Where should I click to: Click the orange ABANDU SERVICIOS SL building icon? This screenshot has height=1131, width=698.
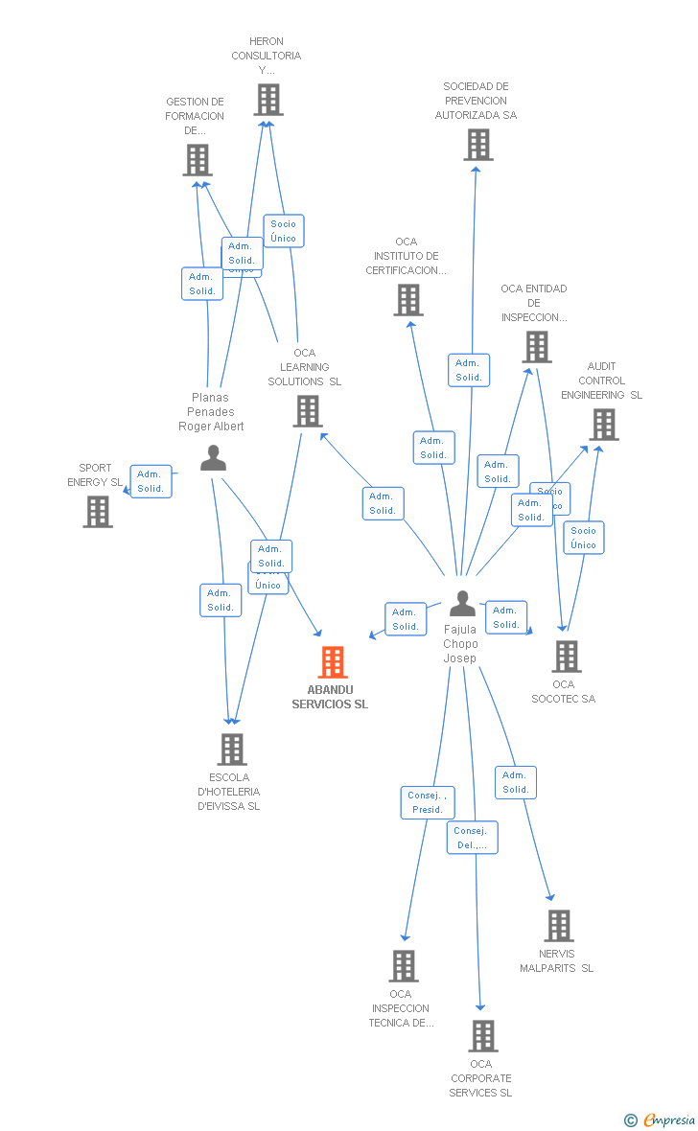(x=333, y=661)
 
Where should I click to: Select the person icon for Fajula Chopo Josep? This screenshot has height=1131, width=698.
(x=462, y=604)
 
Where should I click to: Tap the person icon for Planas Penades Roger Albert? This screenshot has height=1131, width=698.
(x=213, y=458)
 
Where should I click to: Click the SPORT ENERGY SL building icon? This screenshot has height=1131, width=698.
(x=98, y=511)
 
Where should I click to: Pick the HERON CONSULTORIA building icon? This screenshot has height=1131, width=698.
(x=268, y=99)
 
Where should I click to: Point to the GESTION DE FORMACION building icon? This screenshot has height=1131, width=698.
(x=198, y=160)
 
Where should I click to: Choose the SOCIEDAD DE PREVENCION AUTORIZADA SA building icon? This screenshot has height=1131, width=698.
(x=477, y=144)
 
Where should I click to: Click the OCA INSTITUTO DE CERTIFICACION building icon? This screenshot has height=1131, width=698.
(x=408, y=300)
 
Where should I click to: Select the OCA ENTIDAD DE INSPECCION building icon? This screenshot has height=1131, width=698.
(x=537, y=347)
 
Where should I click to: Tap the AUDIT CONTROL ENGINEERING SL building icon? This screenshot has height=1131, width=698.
(x=603, y=424)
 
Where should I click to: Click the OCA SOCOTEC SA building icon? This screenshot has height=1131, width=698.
(x=567, y=657)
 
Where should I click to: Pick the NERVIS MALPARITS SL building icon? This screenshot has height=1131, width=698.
(x=558, y=926)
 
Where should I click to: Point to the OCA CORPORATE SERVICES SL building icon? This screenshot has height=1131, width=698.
(x=482, y=1035)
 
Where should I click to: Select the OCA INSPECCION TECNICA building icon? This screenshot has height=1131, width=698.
(x=404, y=965)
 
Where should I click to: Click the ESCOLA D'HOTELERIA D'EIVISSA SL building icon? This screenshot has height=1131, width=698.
(x=231, y=750)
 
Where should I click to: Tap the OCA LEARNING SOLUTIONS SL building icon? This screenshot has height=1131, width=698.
(x=307, y=411)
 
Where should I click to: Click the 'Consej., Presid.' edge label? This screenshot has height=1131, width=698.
(x=428, y=802)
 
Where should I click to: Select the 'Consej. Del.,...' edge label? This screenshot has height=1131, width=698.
(x=472, y=838)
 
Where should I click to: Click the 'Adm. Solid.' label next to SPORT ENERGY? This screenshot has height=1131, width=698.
(x=151, y=481)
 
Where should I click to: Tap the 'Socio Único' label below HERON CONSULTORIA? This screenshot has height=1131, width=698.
(x=284, y=231)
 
